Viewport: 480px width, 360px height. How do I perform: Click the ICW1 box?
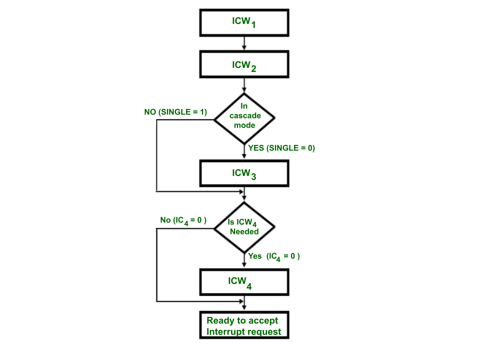click(x=244, y=22)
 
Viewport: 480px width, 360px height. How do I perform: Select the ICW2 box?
click(x=244, y=64)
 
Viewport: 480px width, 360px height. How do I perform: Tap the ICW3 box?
click(x=244, y=173)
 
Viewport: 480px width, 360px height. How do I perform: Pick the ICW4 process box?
click(x=244, y=281)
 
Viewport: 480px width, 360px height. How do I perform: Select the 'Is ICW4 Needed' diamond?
click(x=244, y=227)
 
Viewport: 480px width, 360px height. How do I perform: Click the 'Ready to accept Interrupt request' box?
click(x=244, y=326)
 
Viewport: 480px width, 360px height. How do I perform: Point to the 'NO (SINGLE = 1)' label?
click(x=175, y=112)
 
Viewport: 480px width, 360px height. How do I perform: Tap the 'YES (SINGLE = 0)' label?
click(x=281, y=148)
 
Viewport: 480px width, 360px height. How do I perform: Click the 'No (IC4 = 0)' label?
click(x=183, y=220)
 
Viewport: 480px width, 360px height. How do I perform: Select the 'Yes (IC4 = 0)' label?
click(x=274, y=256)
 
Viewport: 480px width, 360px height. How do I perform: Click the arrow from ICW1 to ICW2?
click(x=244, y=43)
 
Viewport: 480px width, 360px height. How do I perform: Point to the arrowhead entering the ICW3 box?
click(x=244, y=157)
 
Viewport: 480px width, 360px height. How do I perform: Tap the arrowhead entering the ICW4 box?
click(x=244, y=266)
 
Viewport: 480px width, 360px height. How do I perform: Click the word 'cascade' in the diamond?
click(x=245, y=115)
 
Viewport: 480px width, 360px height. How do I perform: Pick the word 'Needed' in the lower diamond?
click(x=244, y=231)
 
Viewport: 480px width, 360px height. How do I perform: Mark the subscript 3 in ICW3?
click(x=253, y=176)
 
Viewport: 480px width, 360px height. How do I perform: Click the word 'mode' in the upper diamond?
click(x=244, y=125)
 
